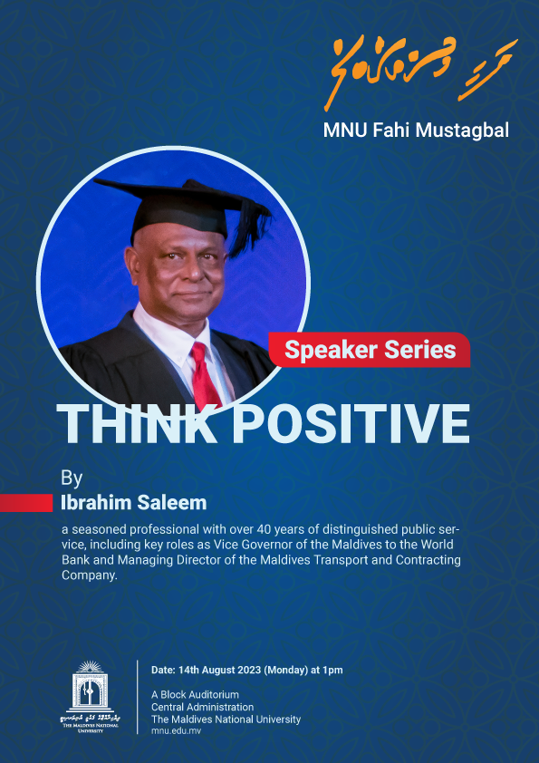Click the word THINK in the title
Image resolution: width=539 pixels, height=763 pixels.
136,422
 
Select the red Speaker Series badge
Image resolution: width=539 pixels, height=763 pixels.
370,350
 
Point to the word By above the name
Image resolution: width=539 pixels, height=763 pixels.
71,478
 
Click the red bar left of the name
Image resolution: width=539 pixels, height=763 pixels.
26,503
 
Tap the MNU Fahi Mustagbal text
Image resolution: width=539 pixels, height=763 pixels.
416,130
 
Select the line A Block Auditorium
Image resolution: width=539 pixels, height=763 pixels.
195,695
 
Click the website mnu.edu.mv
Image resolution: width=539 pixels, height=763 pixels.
176,730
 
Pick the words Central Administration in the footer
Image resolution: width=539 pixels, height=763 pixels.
202,707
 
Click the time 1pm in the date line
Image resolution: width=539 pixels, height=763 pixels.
332,671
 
